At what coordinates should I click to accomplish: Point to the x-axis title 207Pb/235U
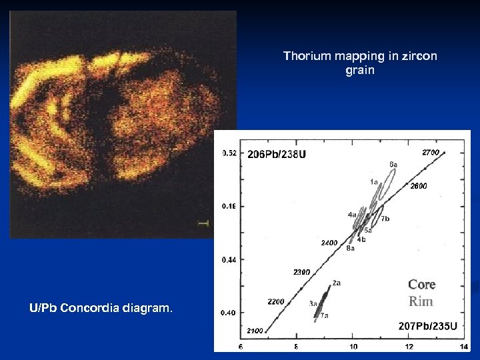click(x=427, y=325)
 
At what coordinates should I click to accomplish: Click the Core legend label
click(x=421, y=285)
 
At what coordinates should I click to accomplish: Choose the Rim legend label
click(x=421, y=301)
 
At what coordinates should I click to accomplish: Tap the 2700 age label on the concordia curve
click(x=431, y=153)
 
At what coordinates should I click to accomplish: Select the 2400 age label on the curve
click(x=330, y=242)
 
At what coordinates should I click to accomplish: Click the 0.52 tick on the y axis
click(x=229, y=153)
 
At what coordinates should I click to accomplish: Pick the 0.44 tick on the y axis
click(x=229, y=260)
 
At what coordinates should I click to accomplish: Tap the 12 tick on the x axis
click(x=408, y=346)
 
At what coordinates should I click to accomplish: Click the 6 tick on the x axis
click(x=240, y=346)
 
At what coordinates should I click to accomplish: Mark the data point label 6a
click(x=393, y=163)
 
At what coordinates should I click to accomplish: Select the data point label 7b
click(x=385, y=219)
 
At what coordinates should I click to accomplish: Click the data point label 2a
click(x=337, y=283)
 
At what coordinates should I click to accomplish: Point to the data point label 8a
click(x=350, y=248)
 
